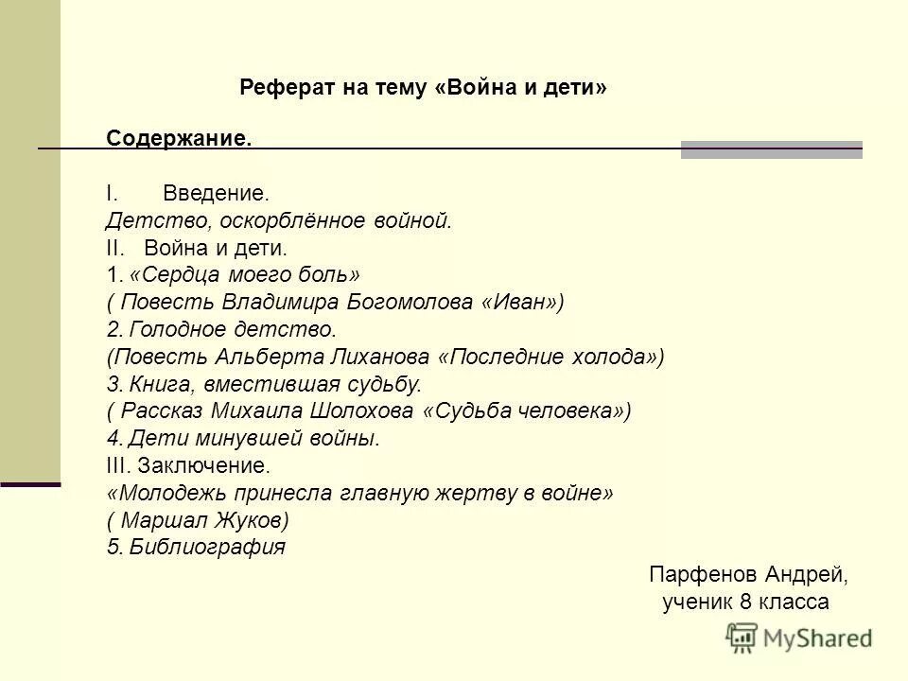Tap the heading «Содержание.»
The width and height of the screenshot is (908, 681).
[x=179, y=138]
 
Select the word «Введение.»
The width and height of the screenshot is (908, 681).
[x=216, y=193]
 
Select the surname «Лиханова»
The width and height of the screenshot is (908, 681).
[x=388, y=357]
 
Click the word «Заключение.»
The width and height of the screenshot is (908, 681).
[x=203, y=466]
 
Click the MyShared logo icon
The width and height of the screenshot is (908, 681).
[x=742, y=637]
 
